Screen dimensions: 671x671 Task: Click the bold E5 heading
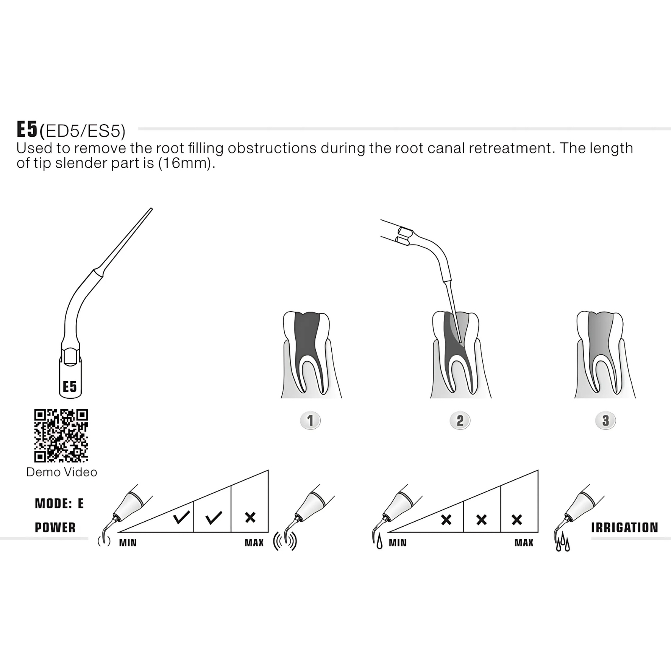pyautogui.click(x=27, y=129)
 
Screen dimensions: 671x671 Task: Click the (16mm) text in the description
pyautogui.click(x=184, y=163)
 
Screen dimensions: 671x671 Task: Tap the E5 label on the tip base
pyautogui.click(x=70, y=386)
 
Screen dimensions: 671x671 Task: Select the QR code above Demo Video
pyautogui.click(x=61, y=436)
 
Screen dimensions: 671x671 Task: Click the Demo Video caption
pyautogui.click(x=62, y=472)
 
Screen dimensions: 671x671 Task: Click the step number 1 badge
pyautogui.click(x=310, y=421)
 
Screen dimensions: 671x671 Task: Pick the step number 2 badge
pyautogui.click(x=460, y=421)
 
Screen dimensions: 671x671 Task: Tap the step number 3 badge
pyautogui.click(x=606, y=421)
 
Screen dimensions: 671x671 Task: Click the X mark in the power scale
pyautogui.click(x=250, y=518)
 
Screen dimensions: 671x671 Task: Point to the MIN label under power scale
pyautogui.click(x=128, y=543)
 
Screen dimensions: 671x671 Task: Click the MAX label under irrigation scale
pyautogui.click(x=524, y=543)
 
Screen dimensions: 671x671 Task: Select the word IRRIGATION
pyautogui.click(x=624, y=528)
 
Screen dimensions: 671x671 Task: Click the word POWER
pyautogui.click(x=55, y=528)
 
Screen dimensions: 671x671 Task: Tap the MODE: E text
pyautogui.click(x=59, y=503)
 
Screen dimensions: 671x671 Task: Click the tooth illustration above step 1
pyautogui.click(x=311, y=355)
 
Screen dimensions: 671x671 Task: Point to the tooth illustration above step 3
pyautogui.click(x=605, y=355)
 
